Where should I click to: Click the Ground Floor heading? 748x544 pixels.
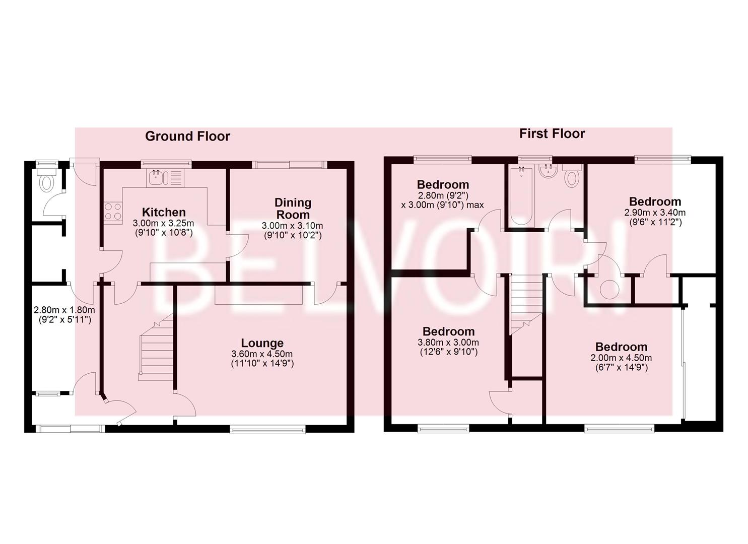click(187, 136)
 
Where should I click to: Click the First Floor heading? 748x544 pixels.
click(552, 133)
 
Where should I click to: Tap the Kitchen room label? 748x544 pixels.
click(163, 212)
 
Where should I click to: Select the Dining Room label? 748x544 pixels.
click(293, 208)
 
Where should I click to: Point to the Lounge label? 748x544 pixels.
click(262, 343)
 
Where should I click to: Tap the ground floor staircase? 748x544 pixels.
click(156, 348)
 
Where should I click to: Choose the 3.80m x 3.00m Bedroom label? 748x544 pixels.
click(448, 331)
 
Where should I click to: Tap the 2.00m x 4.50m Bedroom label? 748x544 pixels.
click(621, 347)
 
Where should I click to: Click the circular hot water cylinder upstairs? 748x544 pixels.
click(609, 290)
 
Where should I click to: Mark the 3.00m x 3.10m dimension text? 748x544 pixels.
click(293, 226)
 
